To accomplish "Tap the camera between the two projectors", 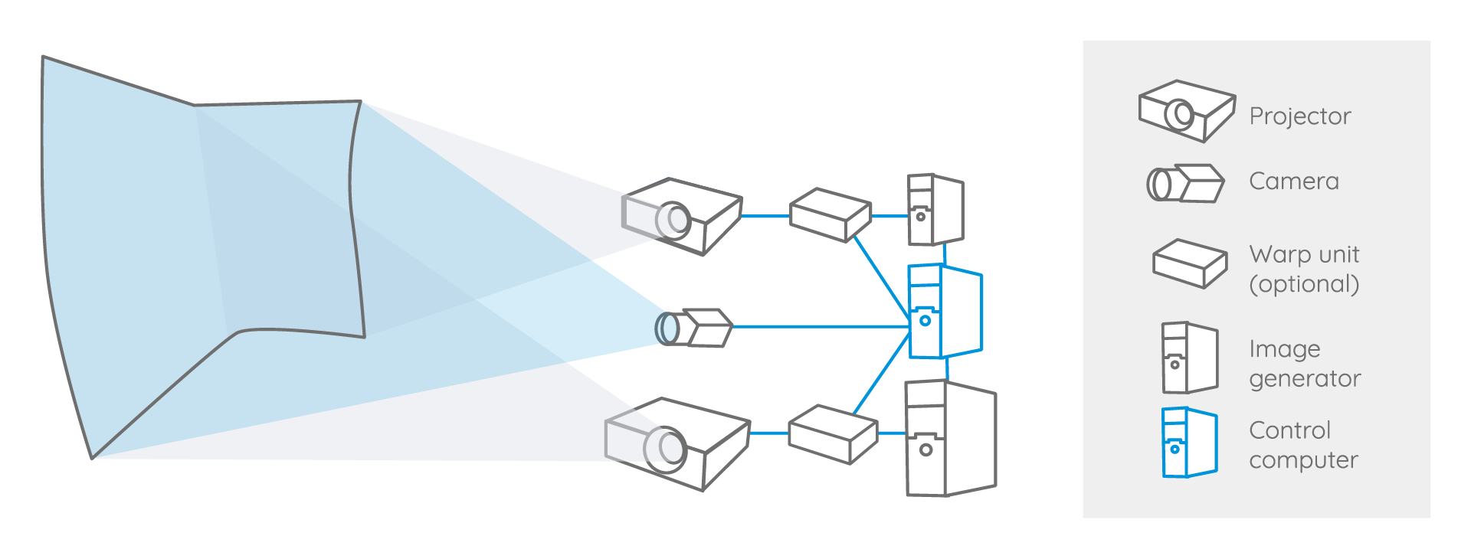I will click(x=694, y=328).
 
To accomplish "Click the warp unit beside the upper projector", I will click(x=831, y=215).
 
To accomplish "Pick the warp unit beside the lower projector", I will click(x=832, y=434).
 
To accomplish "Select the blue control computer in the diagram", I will click(x=944, y=311).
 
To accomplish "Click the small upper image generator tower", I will click(x=935, y=210).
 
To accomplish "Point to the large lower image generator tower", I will click(x=950, y=439).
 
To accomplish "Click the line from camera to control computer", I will click(x=820, y=327).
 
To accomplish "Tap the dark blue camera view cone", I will click(x=582, y=314).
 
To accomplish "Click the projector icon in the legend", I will click(x=1186, y=111).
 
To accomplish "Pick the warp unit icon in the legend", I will click(x=1190, y=264).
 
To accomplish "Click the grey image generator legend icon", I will click(x=1189, y=358).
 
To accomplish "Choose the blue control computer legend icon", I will click(x=1189, y=443).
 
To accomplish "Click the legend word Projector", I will click(x=1299, y=116).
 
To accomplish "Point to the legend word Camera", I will click(x=1293, y=181).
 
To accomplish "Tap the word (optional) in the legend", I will click(x=1304, y=284).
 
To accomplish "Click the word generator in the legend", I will click(x=1305, y=379).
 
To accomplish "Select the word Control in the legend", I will click(x=1289, y=430).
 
